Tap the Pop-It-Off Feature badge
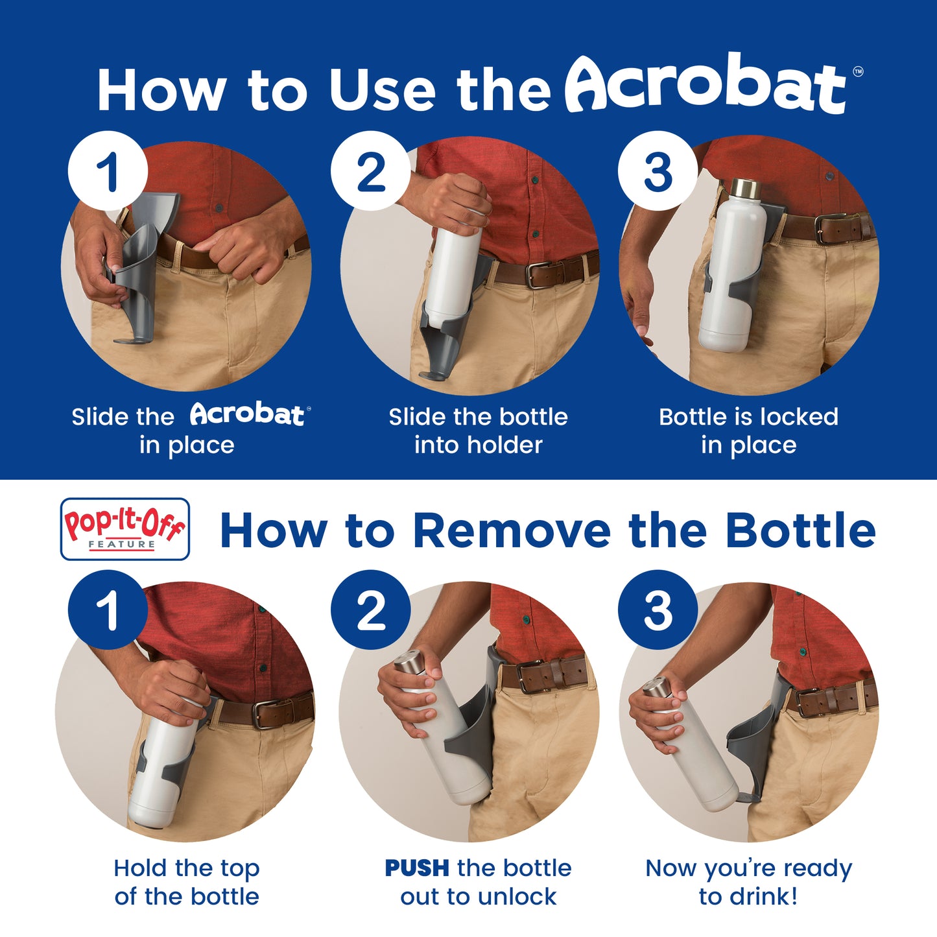tap(125, 528)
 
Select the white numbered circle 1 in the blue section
tap(108, 171)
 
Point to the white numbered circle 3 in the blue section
tap(658, 171)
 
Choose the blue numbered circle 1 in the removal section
tap(108, 610)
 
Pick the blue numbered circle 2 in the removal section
tap(370, 610)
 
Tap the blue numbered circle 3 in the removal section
tap(658, 610)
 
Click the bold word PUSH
tap(417, 868)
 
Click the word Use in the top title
tap(382, 90)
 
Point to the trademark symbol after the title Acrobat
tap(858, 71)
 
